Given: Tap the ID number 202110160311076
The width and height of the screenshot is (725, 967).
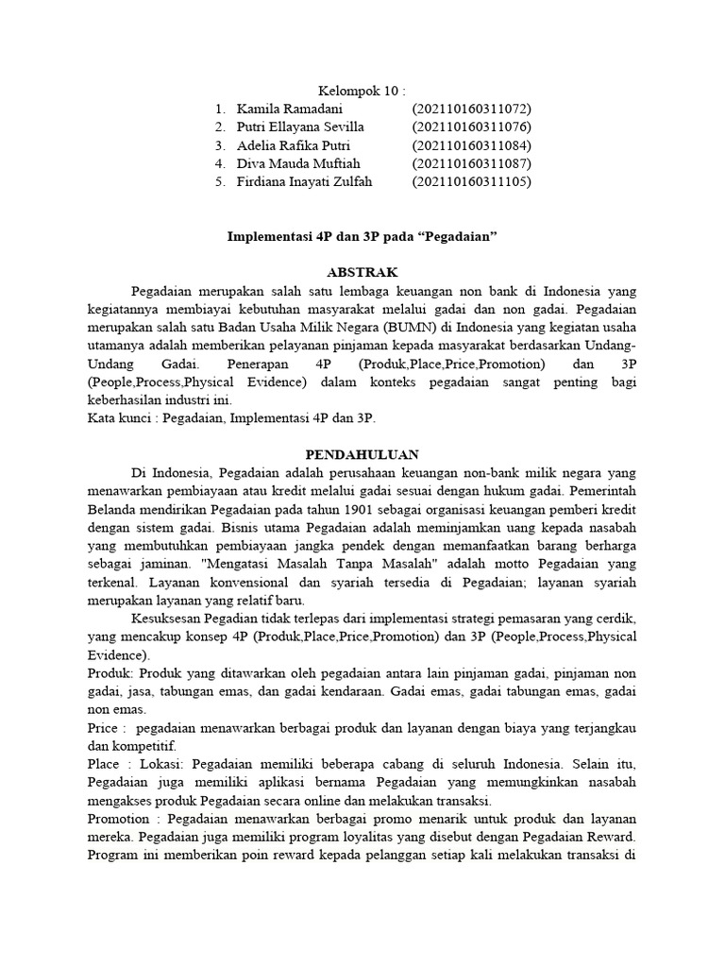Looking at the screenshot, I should click(x=471, y=127).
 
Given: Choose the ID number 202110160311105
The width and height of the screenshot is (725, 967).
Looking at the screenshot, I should click(x=471, y=181).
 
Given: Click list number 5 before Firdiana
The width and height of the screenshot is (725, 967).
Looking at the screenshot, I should click(x=219, y=181).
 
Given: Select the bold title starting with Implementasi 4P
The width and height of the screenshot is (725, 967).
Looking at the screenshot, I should click(x=362, y=236).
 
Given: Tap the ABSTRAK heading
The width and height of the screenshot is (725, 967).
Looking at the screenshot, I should click(x=362, y=272).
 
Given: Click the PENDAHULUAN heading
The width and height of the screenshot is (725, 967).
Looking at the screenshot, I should click(x=362, y=453).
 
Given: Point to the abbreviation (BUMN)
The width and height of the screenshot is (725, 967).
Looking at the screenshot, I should click(x=379, y=327).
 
